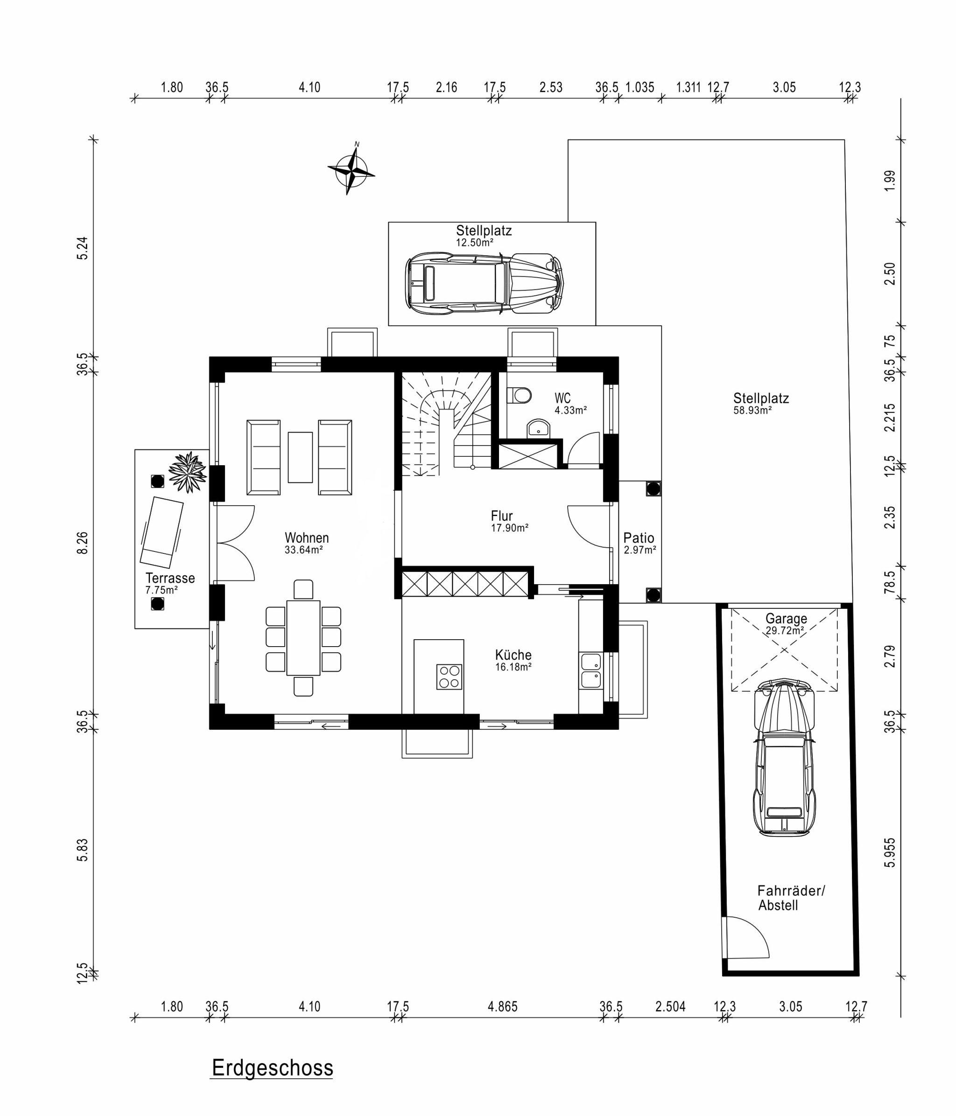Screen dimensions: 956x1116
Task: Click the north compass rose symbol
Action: pos(351,170)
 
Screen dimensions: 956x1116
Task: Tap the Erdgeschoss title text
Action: pos(272,1067)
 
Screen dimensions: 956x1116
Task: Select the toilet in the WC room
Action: pos(519,395)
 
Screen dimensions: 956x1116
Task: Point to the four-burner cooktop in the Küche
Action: pos(449,677)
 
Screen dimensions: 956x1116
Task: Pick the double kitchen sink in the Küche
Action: pos(590,670)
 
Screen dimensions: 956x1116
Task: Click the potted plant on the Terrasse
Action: pos(187,472)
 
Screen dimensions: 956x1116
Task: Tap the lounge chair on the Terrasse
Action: pos(161,533)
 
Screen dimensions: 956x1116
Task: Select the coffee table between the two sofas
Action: pos(300,457)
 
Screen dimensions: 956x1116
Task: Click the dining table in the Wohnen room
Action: pos(303,638)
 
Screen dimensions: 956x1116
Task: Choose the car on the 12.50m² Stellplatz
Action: pos(485,284)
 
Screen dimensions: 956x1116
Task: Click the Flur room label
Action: pos(502,516)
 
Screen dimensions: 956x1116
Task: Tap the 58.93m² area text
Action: pos(752,410)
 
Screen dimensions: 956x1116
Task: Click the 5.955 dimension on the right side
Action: pos(890,852)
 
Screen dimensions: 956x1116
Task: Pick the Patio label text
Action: pos(639,537)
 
